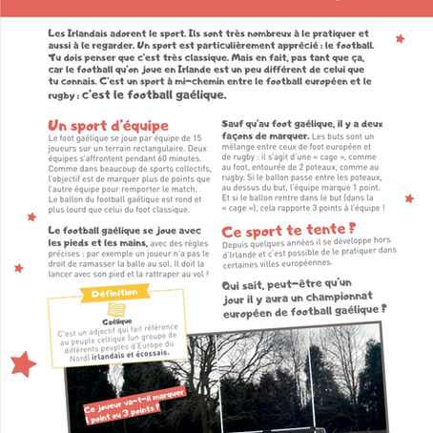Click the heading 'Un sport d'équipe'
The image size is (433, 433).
point(108,126)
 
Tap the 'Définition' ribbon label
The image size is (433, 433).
point(115,293)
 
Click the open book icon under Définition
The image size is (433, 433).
point(116,309)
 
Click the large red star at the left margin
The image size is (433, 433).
point(24,363)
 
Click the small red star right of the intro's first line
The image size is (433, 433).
point(400,39)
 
